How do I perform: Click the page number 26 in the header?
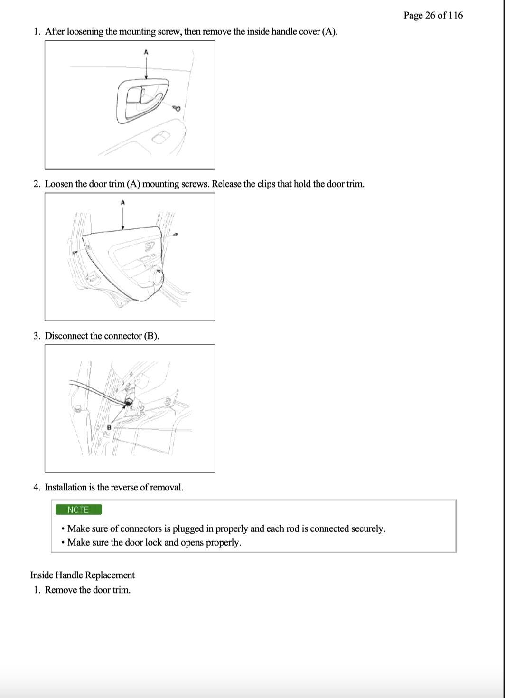pos(430,15)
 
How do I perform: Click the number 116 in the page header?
pos(455,15)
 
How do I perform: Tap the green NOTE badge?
pos(78,509)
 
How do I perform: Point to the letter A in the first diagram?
pos(146,52)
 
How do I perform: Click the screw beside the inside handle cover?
pos(177,108)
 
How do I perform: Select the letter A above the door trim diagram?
pos(123,203)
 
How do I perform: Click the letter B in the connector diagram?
pos(109,428)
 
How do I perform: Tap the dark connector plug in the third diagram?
pos(128,403)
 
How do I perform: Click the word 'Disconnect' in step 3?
pos(66,336)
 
